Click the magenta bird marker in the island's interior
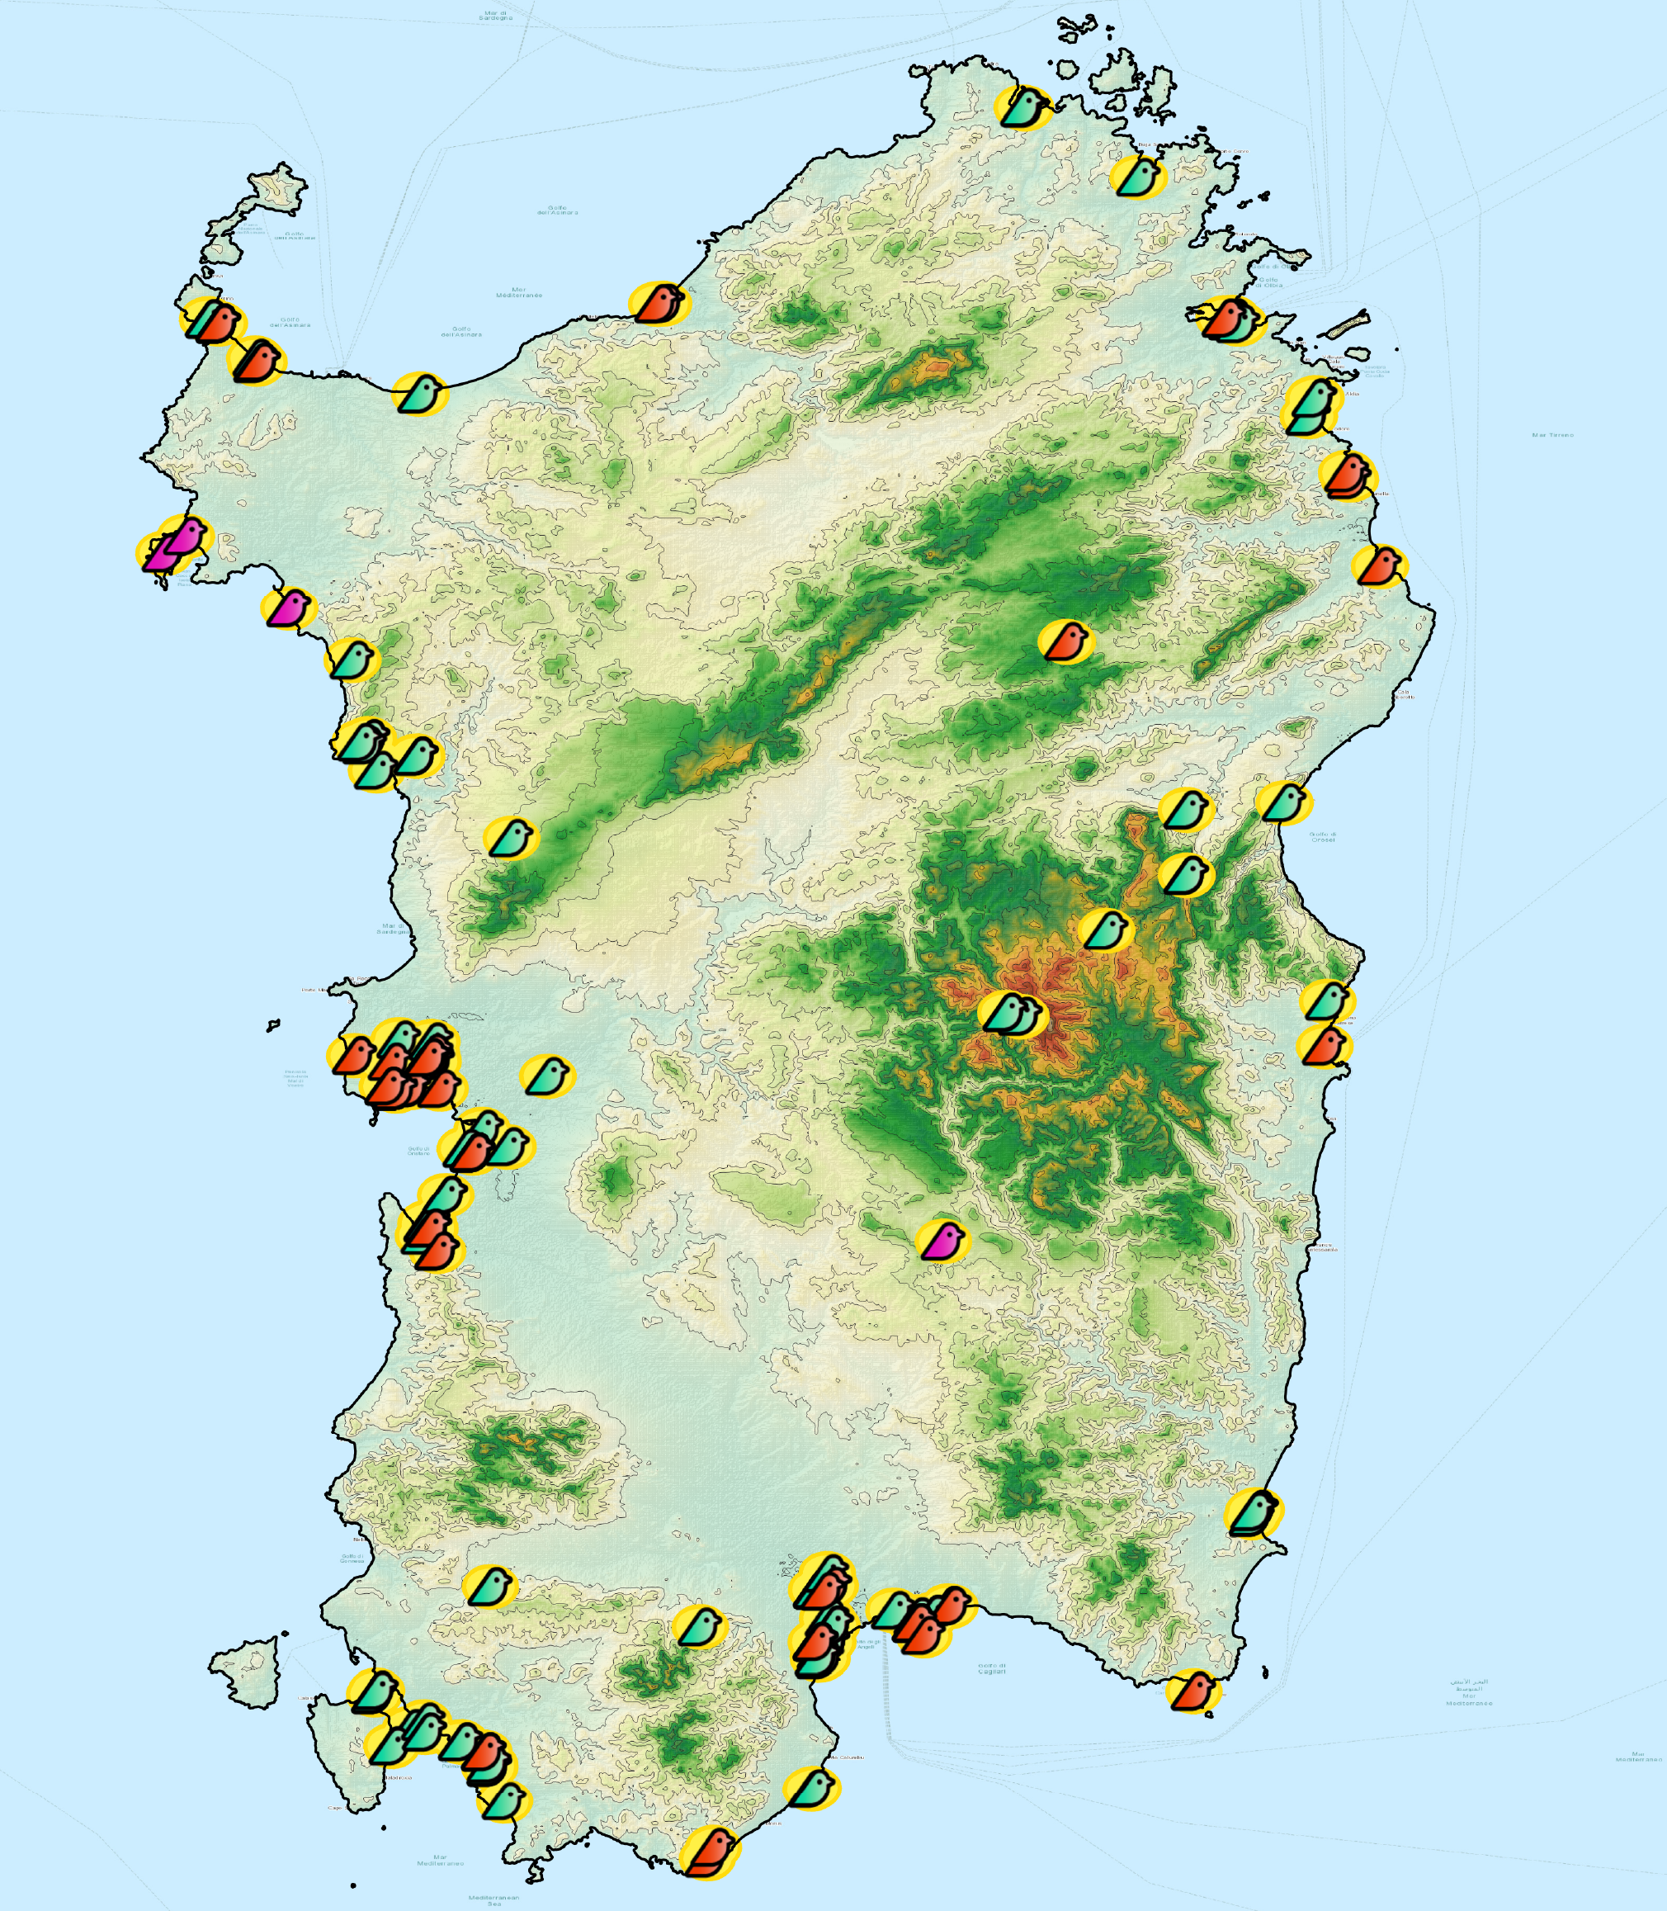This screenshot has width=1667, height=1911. (943, 1240)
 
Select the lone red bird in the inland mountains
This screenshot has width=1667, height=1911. (1066, 641)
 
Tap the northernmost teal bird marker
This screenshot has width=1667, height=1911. (1023, 107)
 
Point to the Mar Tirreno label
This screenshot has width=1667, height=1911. (1552, 434)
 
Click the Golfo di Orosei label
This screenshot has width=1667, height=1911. (1322, 836)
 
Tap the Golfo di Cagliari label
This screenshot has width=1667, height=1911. (993, 1669)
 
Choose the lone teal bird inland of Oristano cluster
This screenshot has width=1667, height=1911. (548, 1076)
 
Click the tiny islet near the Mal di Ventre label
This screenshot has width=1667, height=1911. (272, 1025)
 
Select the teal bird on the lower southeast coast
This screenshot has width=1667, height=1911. (1252, 1514)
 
